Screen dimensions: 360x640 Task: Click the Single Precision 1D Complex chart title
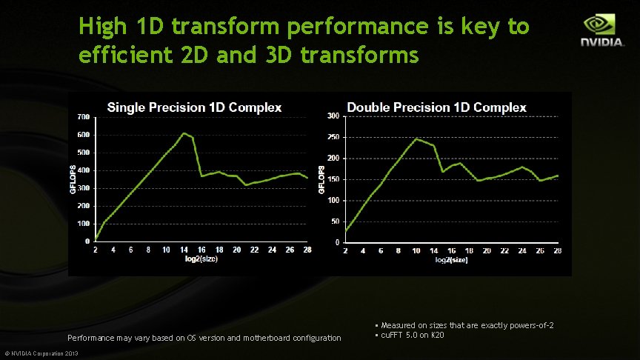pyautogui.click(x=194, y=107)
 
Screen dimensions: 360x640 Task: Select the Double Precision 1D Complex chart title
pyautogui.click(x=436, y=107)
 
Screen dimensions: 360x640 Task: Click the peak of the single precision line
pyautogui.click(x=184, y=133)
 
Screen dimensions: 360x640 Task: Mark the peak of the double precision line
pyautogui.click(x=416, y=139)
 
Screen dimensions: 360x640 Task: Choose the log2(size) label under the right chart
pyautogui.click(x=452, y=259)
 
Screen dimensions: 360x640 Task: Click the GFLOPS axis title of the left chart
pyautogui.click(x=73, y=179)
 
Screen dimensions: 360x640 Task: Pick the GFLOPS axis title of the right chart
pyautogui.click(x=321, y=179)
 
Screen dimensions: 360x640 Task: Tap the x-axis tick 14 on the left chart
pyautogui.click(x=184, y=250)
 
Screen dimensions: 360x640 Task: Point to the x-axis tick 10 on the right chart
pyautogui.click(x=416, y=251)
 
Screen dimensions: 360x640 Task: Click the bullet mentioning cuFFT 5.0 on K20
pyautogui.click(x=410, y=336)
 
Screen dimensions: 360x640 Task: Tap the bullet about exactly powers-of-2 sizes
pyautogui.click(x=464, y=326)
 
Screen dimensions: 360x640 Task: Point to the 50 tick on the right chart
pyautogui.click(x=335, y=221)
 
